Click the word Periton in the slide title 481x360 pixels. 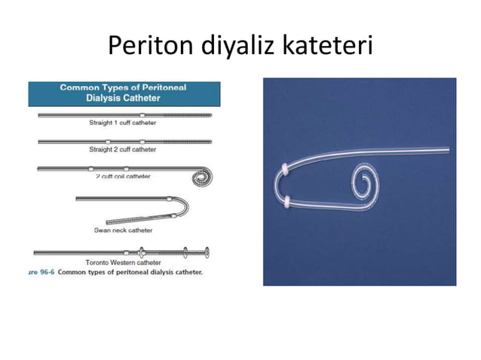(150, 47)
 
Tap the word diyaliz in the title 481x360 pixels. (236, 47)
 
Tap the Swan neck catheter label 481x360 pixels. (123, 230)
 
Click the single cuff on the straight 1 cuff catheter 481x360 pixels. (142, 114)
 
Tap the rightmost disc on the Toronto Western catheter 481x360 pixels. (206, 252)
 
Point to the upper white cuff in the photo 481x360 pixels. (283, 167)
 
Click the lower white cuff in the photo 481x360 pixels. (289, 201)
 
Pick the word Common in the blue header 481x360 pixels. (80, 88)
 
